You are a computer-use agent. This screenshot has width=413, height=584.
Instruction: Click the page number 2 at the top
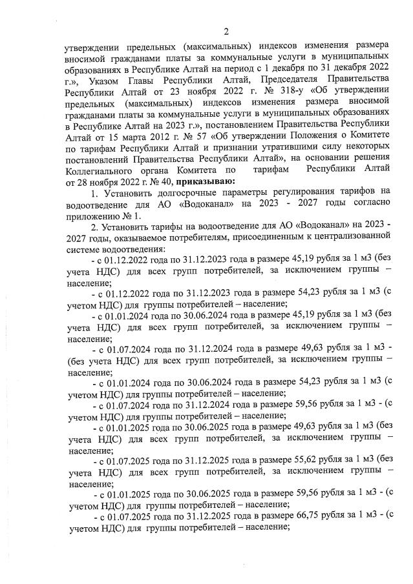[x=226, y=32]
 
